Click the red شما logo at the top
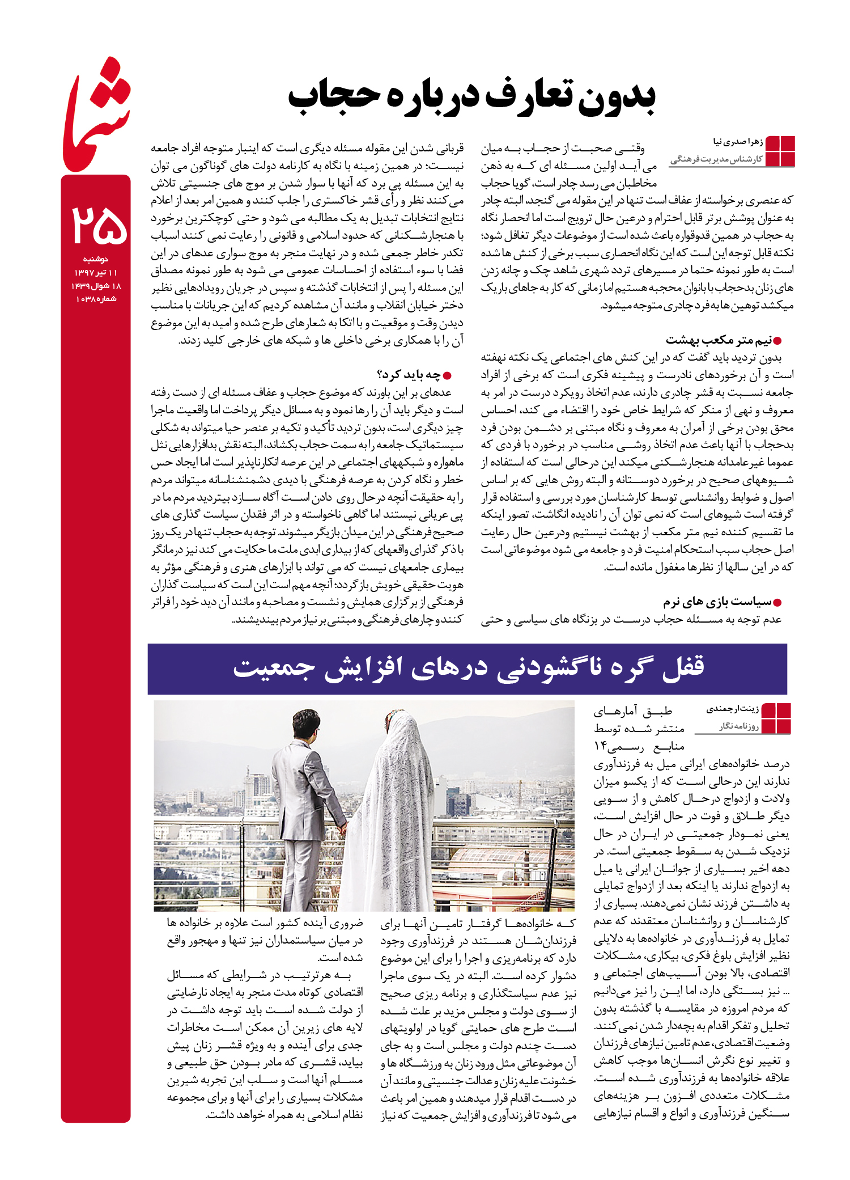tap(96, 116)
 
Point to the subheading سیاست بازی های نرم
tap(717, 602)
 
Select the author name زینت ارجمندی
tap(732, 709)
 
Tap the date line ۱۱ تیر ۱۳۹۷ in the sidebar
tap(96, 273)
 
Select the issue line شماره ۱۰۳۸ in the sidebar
tap(96, 299)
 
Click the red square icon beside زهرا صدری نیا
tap(780, 151)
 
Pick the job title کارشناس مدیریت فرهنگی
tap(717, 160)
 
